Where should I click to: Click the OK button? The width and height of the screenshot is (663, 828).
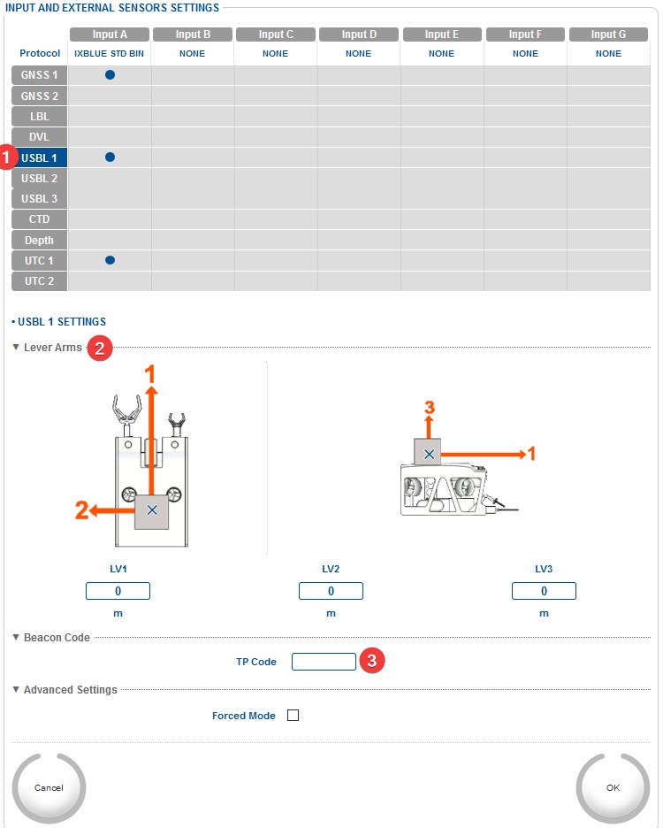pyautogui.click(x=613, y=787)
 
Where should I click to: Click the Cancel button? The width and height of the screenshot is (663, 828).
pyautogui.click(x=49, y=787)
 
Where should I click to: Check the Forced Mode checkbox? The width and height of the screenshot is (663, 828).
pyautogui.click(x=293, y=716)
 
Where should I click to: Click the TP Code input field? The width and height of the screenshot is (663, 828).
pyautogui.click(x=324, y=662)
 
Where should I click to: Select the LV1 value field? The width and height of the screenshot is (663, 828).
pyautogui.click(x=118, y=591)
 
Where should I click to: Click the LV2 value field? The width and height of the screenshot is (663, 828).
pyautogui.click(x=331, y=591)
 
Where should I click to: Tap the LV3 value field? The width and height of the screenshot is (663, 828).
pyautogui.click(x=544, y=591)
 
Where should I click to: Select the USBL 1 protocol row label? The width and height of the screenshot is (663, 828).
pyautogui.click(x=40, y=157)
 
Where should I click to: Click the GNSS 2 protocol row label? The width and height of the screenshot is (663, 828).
pyautogui.click(x=40, y=96)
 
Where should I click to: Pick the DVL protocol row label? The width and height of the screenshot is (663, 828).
pyautogui.click(x=40, y=137)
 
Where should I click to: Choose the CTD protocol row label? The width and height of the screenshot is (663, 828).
pyautogui.click(x=40, y=219)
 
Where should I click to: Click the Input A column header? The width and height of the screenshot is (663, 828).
pyautogui.click(x=110, y=34)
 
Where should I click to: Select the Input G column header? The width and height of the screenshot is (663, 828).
pyautogui.click(x=608, y=34)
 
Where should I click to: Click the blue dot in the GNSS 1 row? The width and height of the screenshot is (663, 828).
pyautogui.click(x=110, y=75)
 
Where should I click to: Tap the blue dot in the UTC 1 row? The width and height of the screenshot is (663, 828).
pyautogui.click(x=110, y=261)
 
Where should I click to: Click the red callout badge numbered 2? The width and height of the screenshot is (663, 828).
pyautogui.click(x=101, y=349)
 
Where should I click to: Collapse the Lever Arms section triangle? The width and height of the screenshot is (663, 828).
pyautogui.click(x=16, y=348)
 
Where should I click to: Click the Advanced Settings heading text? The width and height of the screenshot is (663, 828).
pyautogui.click(x=71, y=690)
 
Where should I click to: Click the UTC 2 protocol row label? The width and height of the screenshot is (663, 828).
pyautogui.click(x=40, y=281)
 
